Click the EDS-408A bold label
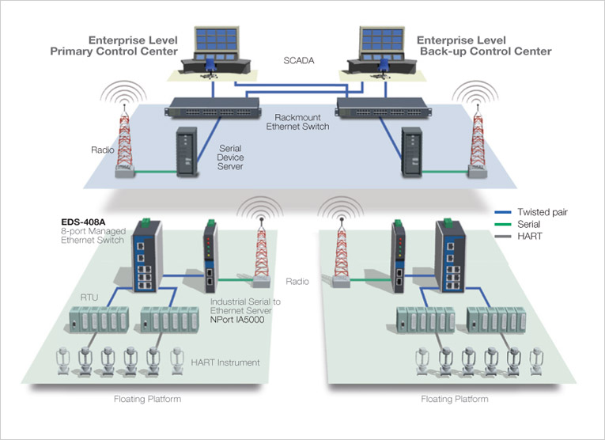click(x=85, y=222)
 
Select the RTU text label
click(x=89, y=297)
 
